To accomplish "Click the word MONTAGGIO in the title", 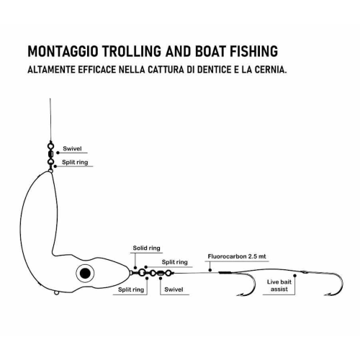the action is (x=63, y=51).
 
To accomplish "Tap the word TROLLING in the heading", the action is (x=132, y=51).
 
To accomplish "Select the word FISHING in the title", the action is (x=253, y=51).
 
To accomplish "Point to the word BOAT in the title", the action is (x=210, y=51).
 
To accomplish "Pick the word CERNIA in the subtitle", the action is (x=271, y=70).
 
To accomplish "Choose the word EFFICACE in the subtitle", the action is (x=97, y=70).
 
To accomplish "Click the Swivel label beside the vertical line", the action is (x=72, y=148).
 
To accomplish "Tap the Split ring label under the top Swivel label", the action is (x=75, y=162).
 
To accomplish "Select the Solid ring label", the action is (x=146, y=248).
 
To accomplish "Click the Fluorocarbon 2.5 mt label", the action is (x=237, y=256).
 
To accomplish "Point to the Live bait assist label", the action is (x=279, y=285).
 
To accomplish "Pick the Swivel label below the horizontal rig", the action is (x=174, y=289).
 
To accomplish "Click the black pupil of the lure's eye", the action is (x=85, y=273).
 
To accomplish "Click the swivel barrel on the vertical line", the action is (x=50, y=153).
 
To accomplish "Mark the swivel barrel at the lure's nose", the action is (x=160, y=273).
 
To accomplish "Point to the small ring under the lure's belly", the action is (x=56, y=293).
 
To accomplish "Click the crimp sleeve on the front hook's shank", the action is (x=225, y=272).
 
